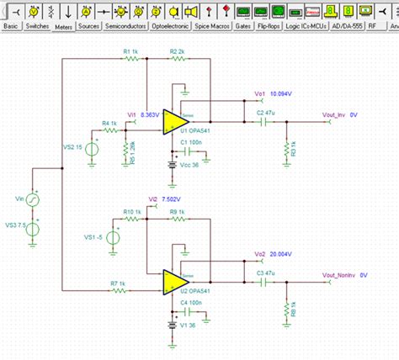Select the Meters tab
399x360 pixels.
point(63,27)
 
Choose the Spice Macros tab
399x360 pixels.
point(212,26)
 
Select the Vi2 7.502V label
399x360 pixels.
point(163,199)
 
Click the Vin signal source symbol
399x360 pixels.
point(35,199)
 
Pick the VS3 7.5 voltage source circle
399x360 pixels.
point(35,228)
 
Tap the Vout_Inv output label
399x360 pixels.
point(340,113)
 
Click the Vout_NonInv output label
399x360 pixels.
point(344,274)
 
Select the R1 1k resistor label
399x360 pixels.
point(130,52)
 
